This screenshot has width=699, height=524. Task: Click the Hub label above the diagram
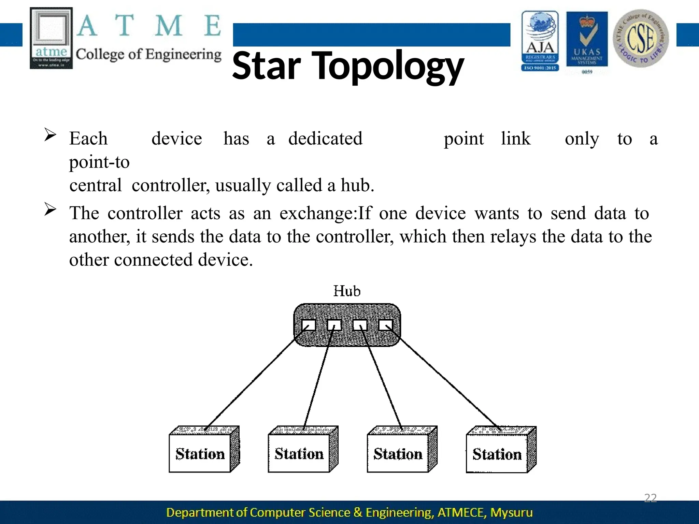pos(347,291)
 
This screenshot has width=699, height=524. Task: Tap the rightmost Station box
pos(497,454)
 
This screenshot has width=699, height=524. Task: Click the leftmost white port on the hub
pos(309,325)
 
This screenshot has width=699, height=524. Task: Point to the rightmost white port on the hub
pos(386,325)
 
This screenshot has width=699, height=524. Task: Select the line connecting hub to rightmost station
pos(447,382)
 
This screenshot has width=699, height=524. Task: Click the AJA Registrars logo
pos(540,41)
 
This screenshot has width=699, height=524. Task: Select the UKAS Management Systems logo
pos(587,41)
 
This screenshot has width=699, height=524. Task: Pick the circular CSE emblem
pos(641,38)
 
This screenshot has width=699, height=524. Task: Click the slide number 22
pos(650,498)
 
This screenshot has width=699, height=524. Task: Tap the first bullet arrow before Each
pos(50,135)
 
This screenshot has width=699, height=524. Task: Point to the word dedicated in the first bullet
pos(325,139)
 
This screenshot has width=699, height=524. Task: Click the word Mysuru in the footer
pos(511,512)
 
